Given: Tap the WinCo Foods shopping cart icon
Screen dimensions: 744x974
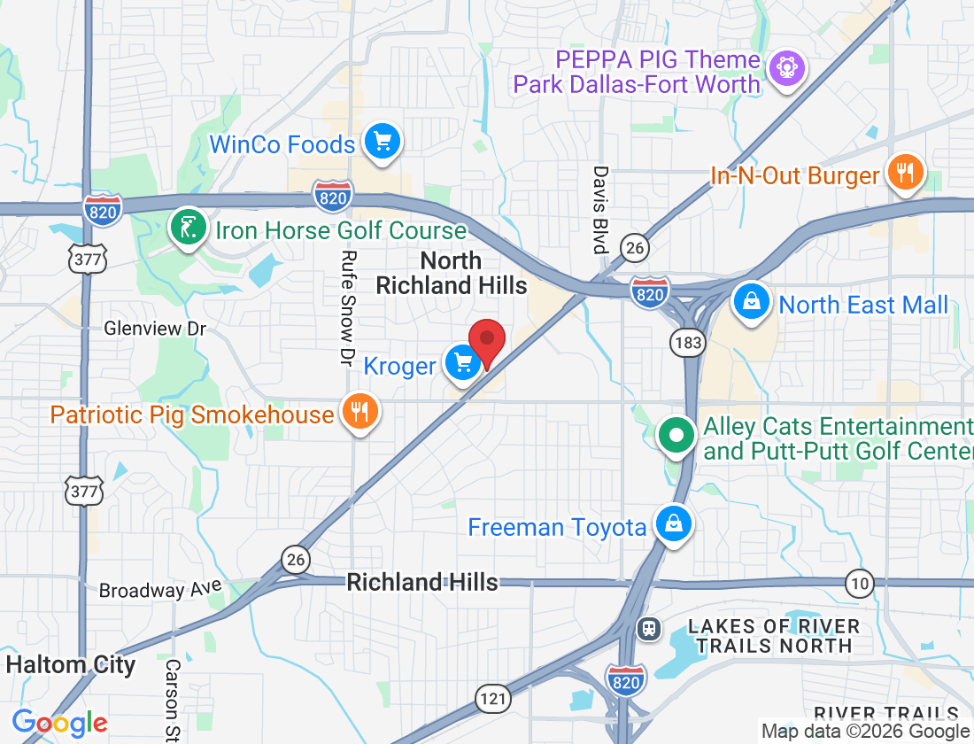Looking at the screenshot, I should pyautogui.click(x=383, y=142).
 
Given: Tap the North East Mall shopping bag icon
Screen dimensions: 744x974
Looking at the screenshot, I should pyautogui.click(x=751, y=303).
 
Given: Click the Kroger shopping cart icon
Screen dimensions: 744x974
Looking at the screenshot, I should pyautogui.click(x=462, y=363).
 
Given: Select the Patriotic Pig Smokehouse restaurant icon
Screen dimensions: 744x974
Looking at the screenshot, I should pyautogui.click(x=359, y=413).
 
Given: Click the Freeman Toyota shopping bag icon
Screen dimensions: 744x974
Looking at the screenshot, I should pyautogui.click(x=674, y=524).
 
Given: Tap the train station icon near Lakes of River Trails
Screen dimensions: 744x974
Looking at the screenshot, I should pyautogui.click(x=649, y=628).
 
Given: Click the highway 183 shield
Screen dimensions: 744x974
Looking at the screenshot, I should pyautogui.click(x=687, y=341).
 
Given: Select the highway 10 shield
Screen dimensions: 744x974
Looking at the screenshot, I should pyautogui.click(x=858, y=583).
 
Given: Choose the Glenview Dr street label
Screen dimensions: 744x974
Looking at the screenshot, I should pyautogui.click(x=155, y=329).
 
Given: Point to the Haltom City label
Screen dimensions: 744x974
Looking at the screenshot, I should pyautogui.click(x=71, y=664).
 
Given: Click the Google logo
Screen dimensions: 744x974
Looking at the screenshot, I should pyautogui.click(x=59, y=723).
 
